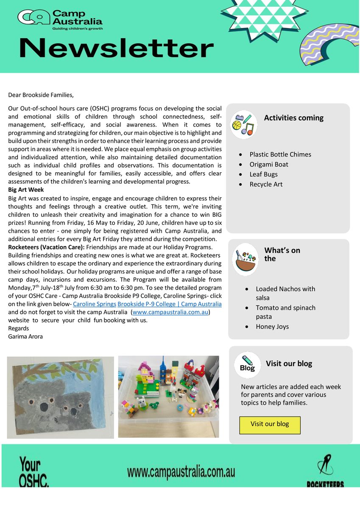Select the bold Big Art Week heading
pos(26,190)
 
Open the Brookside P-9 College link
pos(169,304)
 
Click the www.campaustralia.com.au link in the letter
pos(170,312)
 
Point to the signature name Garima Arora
pos(25,336)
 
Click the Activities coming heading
pos(293,118)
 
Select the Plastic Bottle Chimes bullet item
pos(280,154)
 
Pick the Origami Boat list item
pos(268,164)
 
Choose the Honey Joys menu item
pos(272,327)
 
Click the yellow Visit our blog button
pos(270,424)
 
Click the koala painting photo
pos(61,397)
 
